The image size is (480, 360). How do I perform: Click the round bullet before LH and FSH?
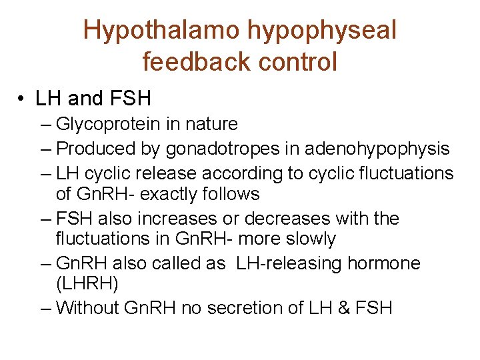click(x=22, y=99)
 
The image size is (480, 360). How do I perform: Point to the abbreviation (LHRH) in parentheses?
click(x=87, y=283)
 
